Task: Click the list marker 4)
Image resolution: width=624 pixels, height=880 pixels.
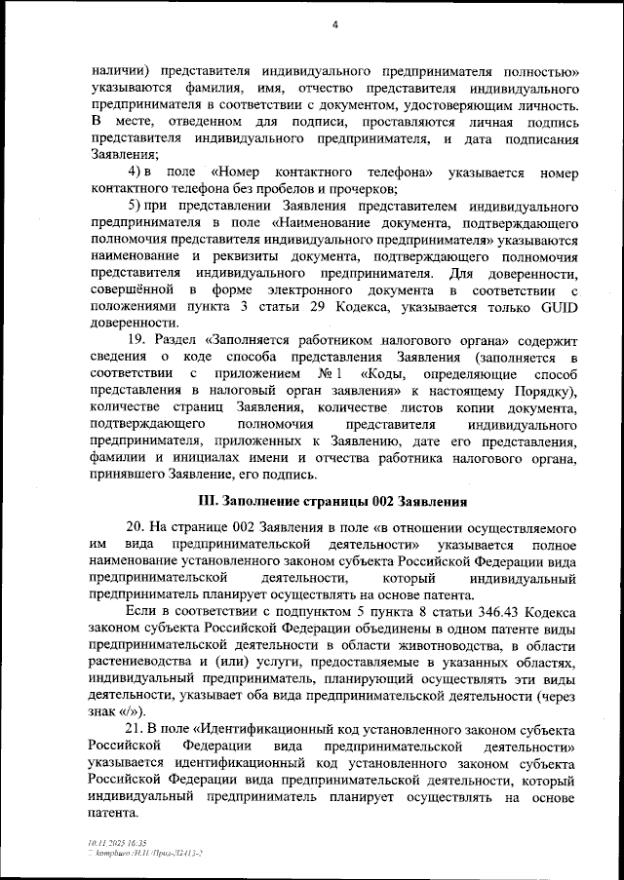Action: point(137,172)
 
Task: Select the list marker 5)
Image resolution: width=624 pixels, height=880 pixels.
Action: point(137,207)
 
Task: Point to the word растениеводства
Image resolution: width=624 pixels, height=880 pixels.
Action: point(148,662)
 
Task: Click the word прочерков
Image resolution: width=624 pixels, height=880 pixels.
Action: point(360,189)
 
